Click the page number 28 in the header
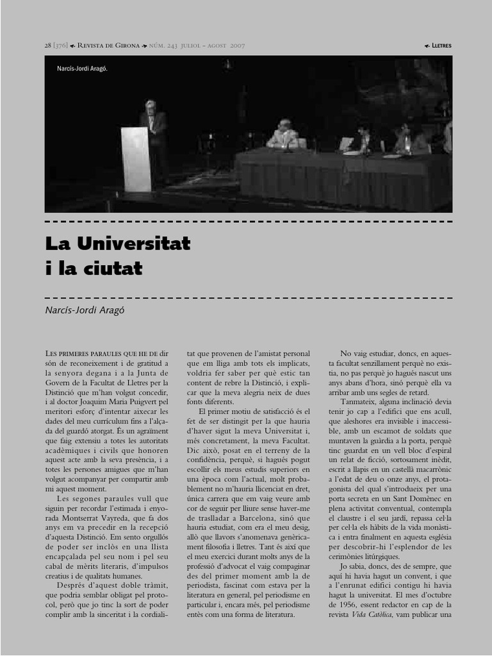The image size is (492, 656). click(x=48, y=45)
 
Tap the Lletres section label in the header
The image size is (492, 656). click(x=441, y=45)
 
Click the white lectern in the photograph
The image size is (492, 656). click(x=135, y=159)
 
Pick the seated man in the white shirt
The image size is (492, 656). click(x=283, y=135)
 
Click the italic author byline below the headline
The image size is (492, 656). click(x=84, y=310)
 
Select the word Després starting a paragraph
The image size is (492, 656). click(x=75, y=585)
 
